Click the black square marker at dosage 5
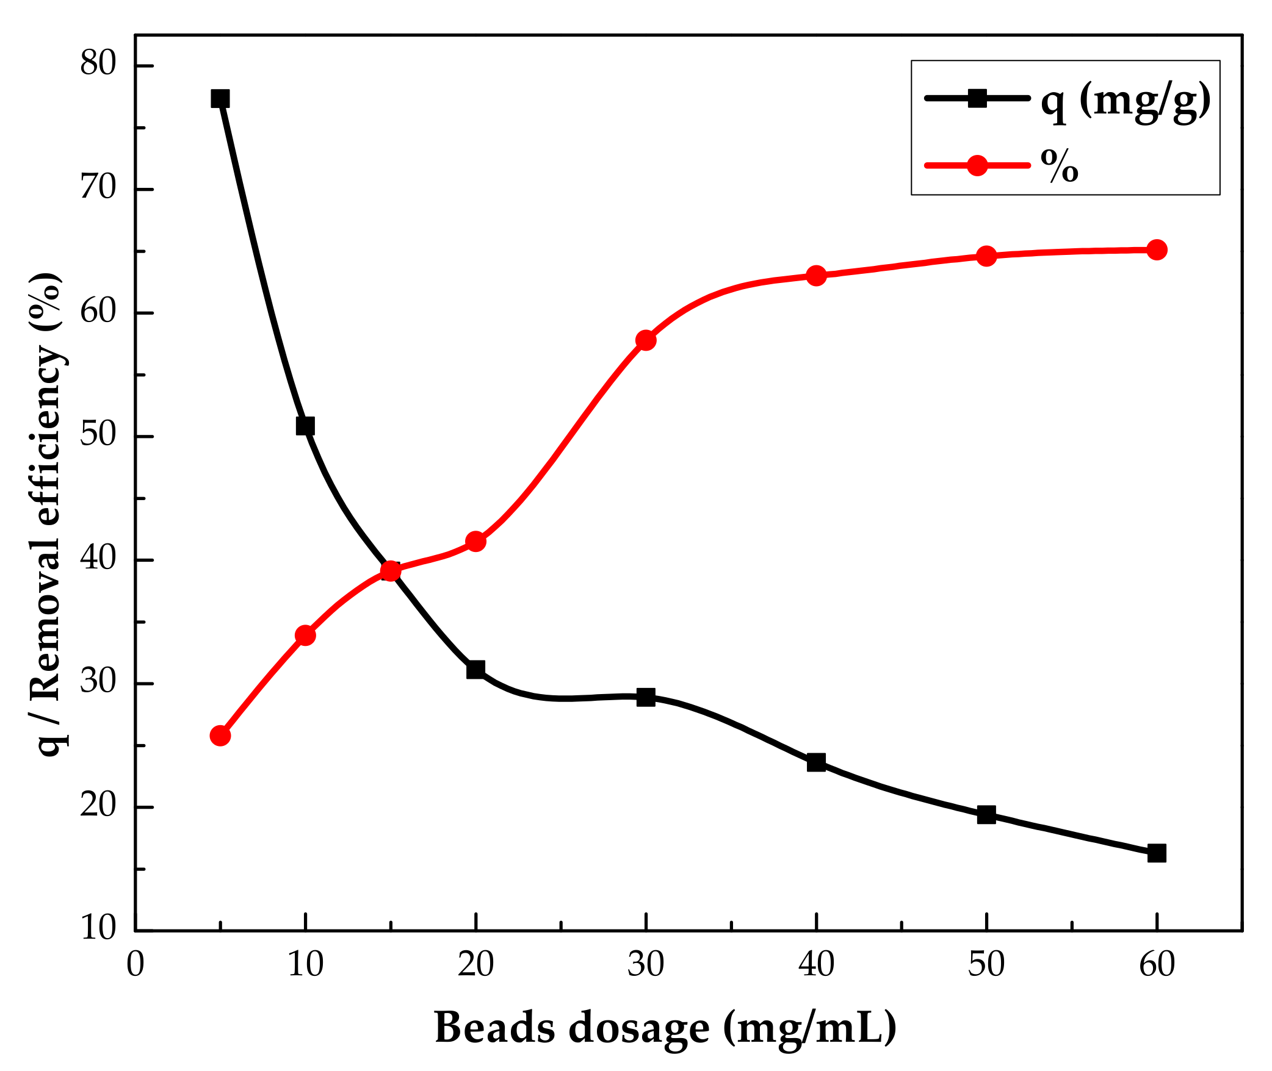tap(220, 98)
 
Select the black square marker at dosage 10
tap(305, 426)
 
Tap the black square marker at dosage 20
tap(475, 670)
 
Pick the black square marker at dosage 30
tap(646, 697)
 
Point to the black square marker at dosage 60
tap(1157, 853)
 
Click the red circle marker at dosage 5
tap(220, 736)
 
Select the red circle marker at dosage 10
tap(305, 636)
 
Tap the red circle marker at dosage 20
tap(475, 541)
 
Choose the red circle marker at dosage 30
tap(646, 340)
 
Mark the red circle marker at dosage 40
tap(816, 276)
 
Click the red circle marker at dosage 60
tap(1157, 249)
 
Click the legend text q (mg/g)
tap(1126, 101)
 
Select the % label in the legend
tap(1060, 165)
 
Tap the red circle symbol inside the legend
tap(977, 165)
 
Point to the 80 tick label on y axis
tap(98, 63)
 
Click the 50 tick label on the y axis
tap(98, 435)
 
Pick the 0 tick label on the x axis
tap(135, 965)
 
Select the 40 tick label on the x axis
tap(816, 965)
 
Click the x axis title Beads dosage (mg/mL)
tap(665, 1028)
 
